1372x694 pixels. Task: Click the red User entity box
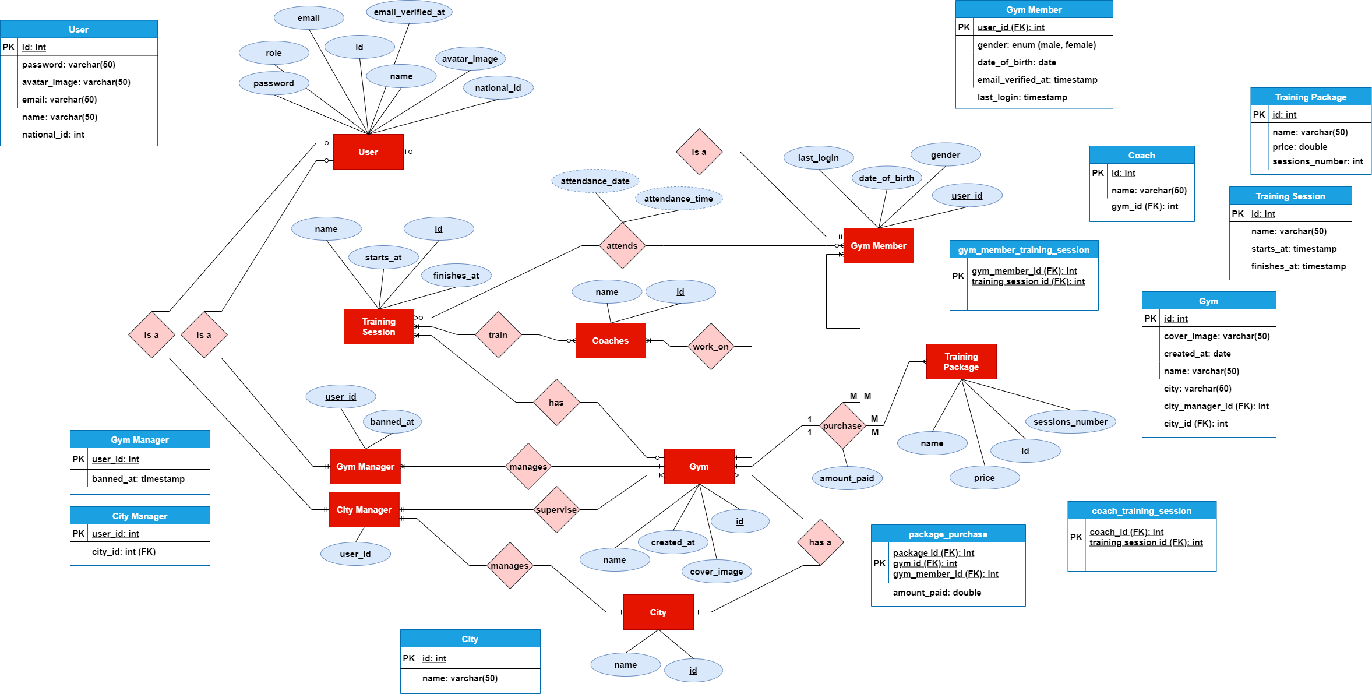click(x=368, y=152)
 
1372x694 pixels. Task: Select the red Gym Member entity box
click(x=879, y=246)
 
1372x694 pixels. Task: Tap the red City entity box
click(x=658, y=612)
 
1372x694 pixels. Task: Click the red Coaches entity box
click(x=611, y=341)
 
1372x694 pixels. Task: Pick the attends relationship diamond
click(x=622, y=246)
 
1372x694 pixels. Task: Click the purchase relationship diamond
click(x=842, y=426)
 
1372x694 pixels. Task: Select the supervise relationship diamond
click(x=556, y=510)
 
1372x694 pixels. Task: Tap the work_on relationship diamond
click(x=711, y=347)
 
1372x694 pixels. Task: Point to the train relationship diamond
click(x=498, y=335)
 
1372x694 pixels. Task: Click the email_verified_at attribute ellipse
click(x=409, y=12)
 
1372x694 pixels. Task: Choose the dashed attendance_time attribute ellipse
click(x=679, y=199)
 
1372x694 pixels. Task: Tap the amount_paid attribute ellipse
click(x=847, y=478)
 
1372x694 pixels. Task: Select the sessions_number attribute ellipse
click(x=1071, y=422)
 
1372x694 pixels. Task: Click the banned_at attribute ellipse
click(x=392, y=422)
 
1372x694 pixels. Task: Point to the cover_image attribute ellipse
click(x=717, y=572)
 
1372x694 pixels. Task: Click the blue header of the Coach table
click(x=1142, y=155)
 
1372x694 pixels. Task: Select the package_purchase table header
click(x=948, y=534)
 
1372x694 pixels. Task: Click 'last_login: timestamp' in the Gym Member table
click(x=1022, y=97)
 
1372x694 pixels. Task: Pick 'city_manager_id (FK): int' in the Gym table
click(x=1216, y=406)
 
